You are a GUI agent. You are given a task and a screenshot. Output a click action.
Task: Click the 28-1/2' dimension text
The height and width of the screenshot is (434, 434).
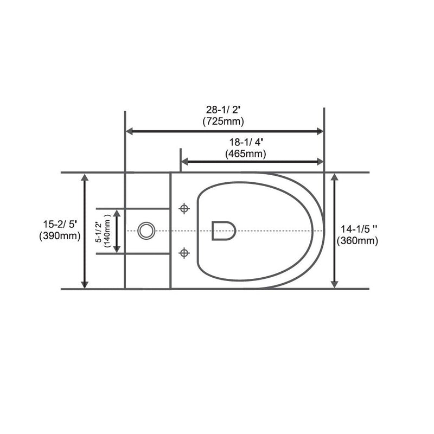pyautogui.click(x=224, y=109)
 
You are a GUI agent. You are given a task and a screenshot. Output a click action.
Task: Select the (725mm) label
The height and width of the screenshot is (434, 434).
pyautogui.click(x=224, y=120)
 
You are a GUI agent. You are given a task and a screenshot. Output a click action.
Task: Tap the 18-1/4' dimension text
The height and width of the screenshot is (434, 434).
pyautogui.click(x=246, y=142)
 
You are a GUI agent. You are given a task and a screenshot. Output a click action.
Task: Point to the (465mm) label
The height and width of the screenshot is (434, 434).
pyautogui.click(x=246, y=154)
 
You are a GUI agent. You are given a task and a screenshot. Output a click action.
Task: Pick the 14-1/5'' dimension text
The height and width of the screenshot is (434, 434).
pyautogui.click(x=358, y=229)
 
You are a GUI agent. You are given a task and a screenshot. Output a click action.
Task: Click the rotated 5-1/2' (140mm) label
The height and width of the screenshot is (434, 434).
pyautogui.click(x=103, y=231)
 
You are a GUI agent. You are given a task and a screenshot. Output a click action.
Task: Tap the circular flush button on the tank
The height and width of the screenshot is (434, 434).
pyautogui.click(x=145, y=231)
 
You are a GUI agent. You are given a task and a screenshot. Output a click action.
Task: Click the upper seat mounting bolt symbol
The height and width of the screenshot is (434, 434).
pyautogui.click(x=184, y=209)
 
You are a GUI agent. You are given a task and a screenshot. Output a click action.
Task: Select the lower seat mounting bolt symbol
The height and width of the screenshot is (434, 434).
pyautogui.click(x=184, y=252)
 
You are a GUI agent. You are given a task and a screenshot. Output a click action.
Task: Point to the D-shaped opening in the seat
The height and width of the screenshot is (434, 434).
pyautogui.click(x=223, y=231)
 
